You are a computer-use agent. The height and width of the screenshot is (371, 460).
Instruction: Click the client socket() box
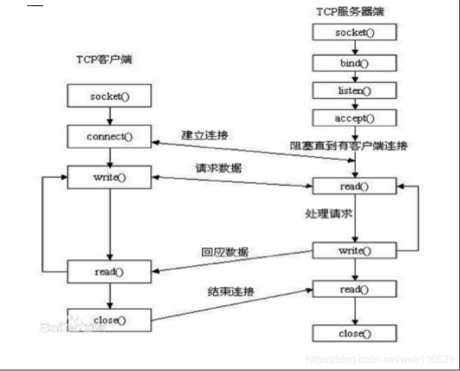pyautogui.click(x=109, y=97)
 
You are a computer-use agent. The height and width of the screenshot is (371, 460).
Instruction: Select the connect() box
pyautogui.click(x=109, y=137)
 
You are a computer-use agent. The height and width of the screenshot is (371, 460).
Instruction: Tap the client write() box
pyautogui.click(x=109, y=177)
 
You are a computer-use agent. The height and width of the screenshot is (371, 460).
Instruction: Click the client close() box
pyautogui.click(x=109, y=319)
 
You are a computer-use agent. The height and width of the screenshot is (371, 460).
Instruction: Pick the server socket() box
pyautogui.click(x=354, y=32)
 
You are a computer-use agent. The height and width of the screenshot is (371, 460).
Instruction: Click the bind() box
pyautogui.click(x=354, y=63)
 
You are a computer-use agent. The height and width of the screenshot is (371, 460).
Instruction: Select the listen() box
pyautogui.click(x=354, y=90)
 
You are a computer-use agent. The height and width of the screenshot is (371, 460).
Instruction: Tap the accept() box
pyautogui.click(x=354, y=118)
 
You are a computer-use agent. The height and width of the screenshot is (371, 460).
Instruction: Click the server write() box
pyautogui.click(x=354, y=250)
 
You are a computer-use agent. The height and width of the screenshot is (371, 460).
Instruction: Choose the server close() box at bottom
pyautogui.click(x=354, y=333)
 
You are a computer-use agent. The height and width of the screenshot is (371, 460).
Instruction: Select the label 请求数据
pyautogui.click(x=218, y=168)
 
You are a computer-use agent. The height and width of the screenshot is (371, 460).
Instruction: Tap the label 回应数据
pyautogui.click(x=225, y=252)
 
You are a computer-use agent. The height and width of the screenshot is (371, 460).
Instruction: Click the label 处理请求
pyautogui.click(x=327, y=212)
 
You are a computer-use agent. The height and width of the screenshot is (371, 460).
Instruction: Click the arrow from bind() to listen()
pyautogui.click(x=354, y=76)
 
